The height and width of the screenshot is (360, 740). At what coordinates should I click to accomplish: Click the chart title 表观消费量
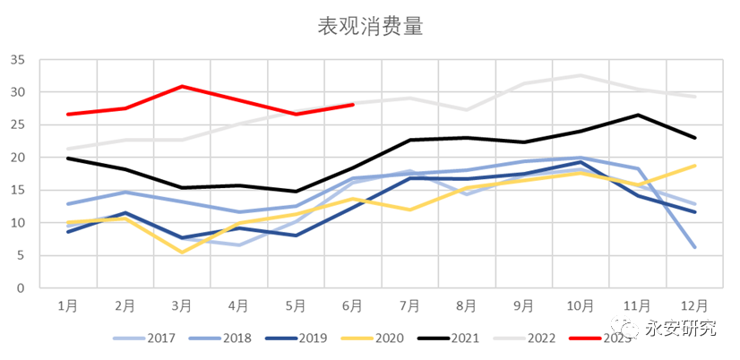[370, 26]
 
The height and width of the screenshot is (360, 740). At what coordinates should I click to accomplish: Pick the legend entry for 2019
[299, 339]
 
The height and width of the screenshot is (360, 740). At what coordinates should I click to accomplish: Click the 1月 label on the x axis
[67, 305]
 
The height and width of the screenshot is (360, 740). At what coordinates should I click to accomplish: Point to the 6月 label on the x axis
[353, 305]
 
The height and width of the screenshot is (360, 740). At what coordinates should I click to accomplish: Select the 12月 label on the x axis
[694, 305]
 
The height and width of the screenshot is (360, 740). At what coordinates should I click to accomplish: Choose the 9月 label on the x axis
[524, 305]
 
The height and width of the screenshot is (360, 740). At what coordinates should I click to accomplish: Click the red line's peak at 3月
[182, 87]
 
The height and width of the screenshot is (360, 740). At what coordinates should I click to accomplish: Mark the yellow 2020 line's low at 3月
[182, 252]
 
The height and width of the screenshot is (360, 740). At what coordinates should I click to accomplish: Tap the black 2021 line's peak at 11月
[637, 115]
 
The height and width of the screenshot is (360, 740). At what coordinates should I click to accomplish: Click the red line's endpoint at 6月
[353, 105]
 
